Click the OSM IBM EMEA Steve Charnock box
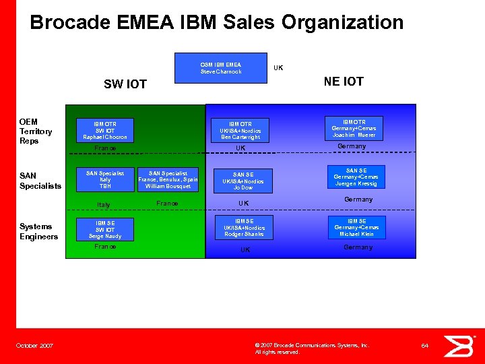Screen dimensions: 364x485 220,68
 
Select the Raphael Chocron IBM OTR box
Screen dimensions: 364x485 104,130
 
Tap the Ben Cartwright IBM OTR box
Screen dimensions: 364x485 240,130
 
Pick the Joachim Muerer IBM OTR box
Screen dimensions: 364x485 354,128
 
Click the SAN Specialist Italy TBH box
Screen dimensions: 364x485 104,180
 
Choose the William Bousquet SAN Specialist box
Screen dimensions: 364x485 168,180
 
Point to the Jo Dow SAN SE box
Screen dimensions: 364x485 243,181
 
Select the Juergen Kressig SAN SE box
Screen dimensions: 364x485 356,177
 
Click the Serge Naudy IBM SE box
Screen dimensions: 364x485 104,229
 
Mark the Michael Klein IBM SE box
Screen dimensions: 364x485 356,227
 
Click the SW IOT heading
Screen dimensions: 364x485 125,84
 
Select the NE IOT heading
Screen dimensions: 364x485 343,82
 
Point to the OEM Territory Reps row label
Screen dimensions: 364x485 36,131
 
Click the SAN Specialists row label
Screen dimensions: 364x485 40,181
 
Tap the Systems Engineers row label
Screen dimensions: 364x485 38,231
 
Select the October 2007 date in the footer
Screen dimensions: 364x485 34,346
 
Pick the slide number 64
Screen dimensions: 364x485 424,346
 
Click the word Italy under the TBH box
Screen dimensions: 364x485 103,205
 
